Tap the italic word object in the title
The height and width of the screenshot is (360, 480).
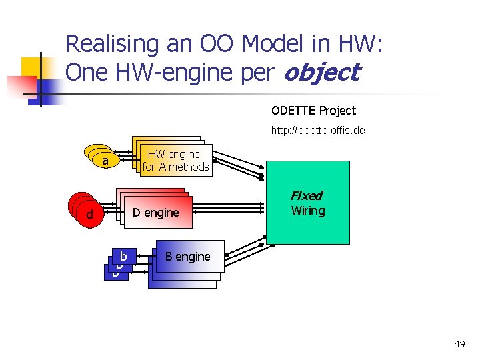tap(321, 72)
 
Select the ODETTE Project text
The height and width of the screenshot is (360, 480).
tap(313, 111)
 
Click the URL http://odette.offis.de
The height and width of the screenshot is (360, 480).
tap(317, 130)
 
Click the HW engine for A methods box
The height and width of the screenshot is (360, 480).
tap(175, 161)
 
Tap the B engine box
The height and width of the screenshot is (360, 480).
tap(189, 257)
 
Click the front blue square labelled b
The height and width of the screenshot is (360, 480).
tap(124, 256)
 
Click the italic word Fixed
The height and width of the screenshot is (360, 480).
tap(307, 196)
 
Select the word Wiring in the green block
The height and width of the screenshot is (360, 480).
tap(308, 211)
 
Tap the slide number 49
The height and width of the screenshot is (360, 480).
tap(459, 344)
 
